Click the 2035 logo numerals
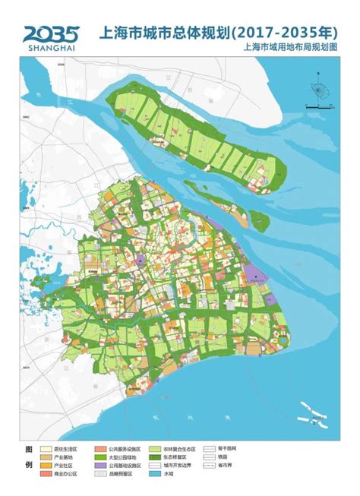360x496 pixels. pyautogui.click(x=51, y=33)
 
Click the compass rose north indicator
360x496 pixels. pyautogui.click(x=318, y=90)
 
